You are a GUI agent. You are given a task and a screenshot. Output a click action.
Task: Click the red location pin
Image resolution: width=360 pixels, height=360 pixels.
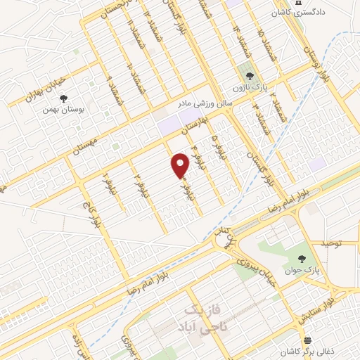(181, 166)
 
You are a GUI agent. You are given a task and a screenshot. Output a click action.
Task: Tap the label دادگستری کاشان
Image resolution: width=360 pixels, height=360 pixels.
(307, 13)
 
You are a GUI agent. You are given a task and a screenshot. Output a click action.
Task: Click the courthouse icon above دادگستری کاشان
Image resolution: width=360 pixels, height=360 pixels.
(300, 4)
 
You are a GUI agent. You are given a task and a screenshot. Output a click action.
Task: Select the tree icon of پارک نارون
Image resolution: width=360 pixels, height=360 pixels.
(247, 73)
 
